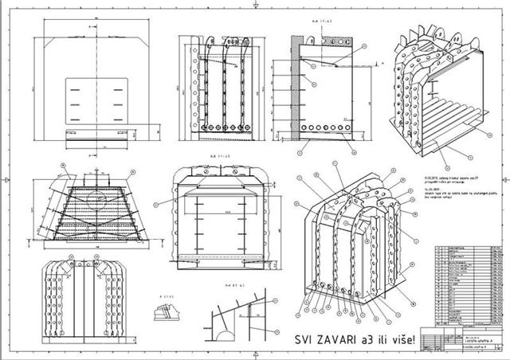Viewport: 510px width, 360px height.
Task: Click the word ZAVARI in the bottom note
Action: (328, 341)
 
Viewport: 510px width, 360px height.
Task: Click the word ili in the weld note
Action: (378, 341)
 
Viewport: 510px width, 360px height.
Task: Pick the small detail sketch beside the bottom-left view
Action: (168, 311)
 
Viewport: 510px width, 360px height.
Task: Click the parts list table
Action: (466, 284)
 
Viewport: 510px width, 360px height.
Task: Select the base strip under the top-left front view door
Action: (96, 133)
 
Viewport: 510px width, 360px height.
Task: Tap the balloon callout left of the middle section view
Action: (158, 204)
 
